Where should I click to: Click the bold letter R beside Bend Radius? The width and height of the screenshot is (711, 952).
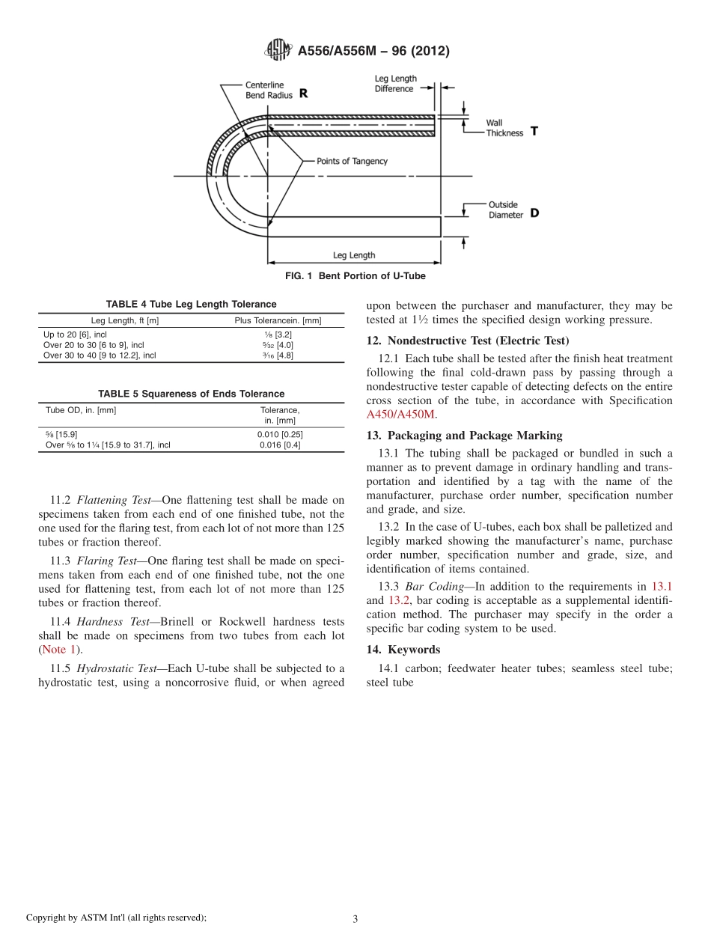(x=303, y=94)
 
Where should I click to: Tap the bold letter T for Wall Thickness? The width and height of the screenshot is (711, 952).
(x=534, y=130)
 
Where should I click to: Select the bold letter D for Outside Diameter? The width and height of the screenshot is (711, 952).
(x=534, y=213)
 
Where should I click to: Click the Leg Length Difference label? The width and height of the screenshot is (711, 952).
(x=395, y=84)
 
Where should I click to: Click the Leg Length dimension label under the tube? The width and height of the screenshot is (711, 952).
(x=353, y=255)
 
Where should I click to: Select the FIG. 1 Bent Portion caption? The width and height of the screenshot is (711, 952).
(x=355, y=276)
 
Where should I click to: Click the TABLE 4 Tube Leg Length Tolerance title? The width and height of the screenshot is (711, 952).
(x=191, y=304)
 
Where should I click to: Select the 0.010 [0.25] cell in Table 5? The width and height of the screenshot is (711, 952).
(x=279, y=434)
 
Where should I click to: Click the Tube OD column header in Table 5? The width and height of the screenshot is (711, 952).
(x=81, y=410)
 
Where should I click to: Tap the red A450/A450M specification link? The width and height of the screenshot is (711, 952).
(x=400, y=415)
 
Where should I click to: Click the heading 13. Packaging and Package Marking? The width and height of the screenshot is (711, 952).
(x=464, y=436)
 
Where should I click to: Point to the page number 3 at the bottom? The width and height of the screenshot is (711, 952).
(x=355, y=919)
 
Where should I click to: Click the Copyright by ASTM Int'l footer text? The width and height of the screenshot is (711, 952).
(x=116, y=918)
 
